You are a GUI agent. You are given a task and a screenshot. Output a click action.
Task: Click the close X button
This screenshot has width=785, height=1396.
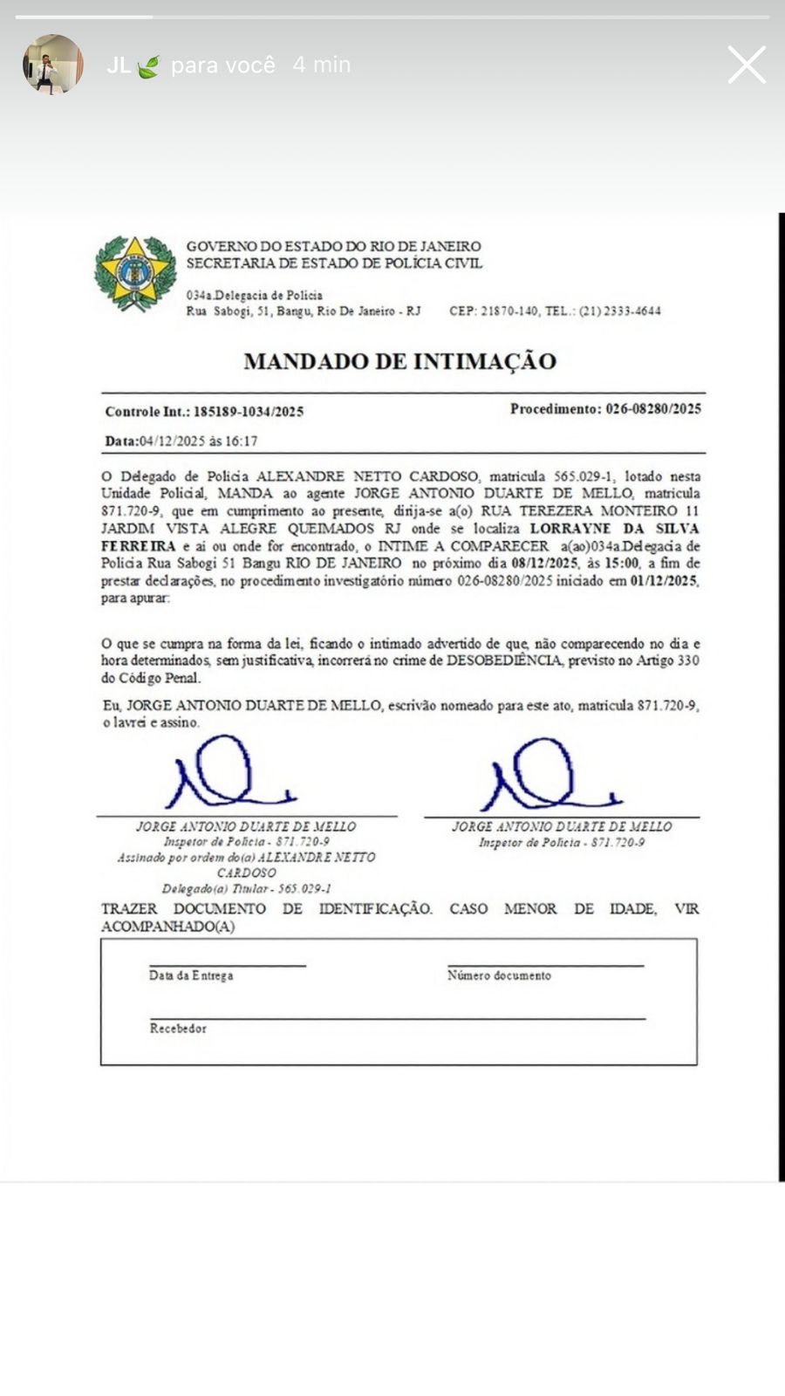coord(747,65)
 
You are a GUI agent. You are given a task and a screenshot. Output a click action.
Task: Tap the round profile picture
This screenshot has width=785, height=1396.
coord(53,65)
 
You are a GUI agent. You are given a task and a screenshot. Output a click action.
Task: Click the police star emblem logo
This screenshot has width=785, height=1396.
coord(135,273)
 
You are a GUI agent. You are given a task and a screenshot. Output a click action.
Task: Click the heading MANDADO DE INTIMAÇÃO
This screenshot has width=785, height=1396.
coord(399,361)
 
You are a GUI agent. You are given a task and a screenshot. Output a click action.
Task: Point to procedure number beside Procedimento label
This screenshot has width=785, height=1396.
coord(653,408)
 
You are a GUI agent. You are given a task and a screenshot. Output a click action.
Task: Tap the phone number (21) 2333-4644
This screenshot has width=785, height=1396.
coord(620,311)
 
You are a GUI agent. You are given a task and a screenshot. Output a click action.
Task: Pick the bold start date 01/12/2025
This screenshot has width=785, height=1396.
coord(664,581)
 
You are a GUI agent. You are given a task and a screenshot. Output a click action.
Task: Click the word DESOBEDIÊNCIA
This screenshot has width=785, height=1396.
coord(504,661)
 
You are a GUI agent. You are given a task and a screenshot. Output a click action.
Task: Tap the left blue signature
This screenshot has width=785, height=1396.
coord(229,774)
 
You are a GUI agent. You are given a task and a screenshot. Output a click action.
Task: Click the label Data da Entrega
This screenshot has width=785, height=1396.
coord(191,975)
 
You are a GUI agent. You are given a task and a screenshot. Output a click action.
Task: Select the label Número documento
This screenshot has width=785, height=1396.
coord(499,975)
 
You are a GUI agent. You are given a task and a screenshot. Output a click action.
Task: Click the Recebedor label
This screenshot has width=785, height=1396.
coord(178,1029)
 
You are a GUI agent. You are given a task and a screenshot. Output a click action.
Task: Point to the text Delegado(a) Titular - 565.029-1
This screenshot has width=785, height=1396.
coord(247,889)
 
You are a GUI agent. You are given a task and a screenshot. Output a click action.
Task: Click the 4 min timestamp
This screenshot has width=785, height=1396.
coord(322,65)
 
